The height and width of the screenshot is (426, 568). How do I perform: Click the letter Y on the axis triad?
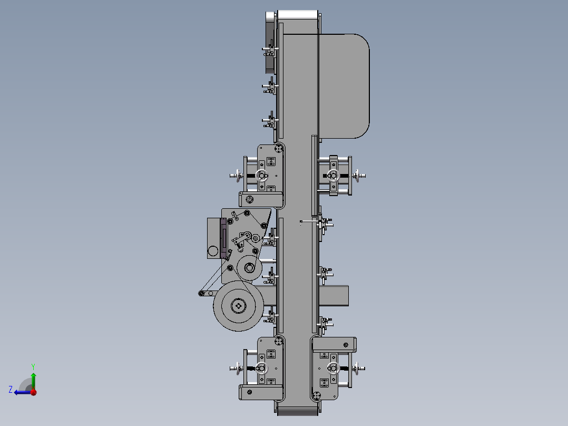pyautogui.click(x=33, y=366)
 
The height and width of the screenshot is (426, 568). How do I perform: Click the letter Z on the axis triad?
pyautogui.click(x=11, y=390)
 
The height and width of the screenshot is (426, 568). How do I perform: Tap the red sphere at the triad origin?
pyautogui.click(x=33, y=392)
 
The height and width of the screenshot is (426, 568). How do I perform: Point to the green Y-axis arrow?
pyautogui.click(x=33, y=381)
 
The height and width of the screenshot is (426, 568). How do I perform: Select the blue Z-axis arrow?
pyautogui.click(x=23, y=392)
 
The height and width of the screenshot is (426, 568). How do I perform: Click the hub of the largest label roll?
pyautogui.click(x=238, y=306)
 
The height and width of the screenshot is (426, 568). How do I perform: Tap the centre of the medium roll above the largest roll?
pyautogui.click(x=249, y=268)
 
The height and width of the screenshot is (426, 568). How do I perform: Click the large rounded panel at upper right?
pyautogui.click(x=344, y=86)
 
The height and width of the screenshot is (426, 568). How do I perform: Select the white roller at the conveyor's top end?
pyautogui.click(x=298, y=15)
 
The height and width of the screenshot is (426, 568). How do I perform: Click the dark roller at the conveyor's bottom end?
pyautogui.click(x=298, y=411)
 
